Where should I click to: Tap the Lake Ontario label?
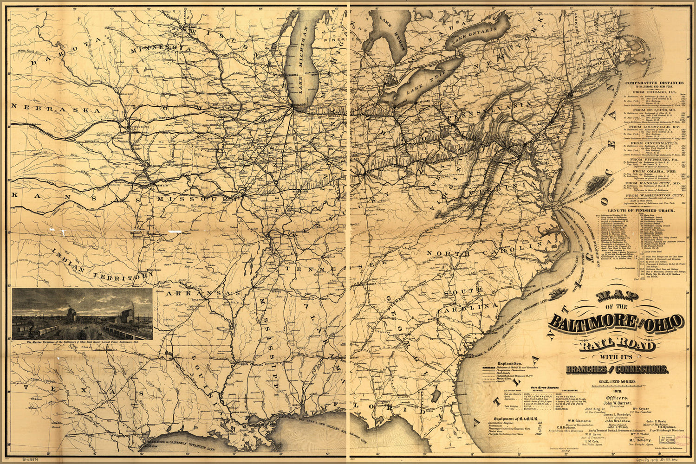(x=474, y=37)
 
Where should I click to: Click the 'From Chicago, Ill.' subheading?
(x=654, y=92)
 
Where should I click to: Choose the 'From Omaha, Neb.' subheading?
(x=654, y=171)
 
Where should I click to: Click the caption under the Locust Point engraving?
(x=83, y=342)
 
